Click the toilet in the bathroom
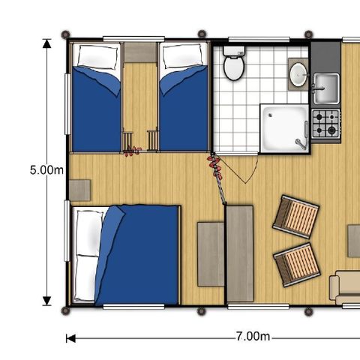point(234,66)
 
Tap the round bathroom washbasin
point(298,74)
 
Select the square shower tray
point(284,128)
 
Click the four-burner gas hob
point(325,124)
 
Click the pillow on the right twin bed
point(181,57)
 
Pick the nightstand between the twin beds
point(140,52)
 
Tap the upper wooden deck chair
point(295,217)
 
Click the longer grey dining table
point(239,254)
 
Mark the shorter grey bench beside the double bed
point(210,254)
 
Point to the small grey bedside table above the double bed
point(79,190)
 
